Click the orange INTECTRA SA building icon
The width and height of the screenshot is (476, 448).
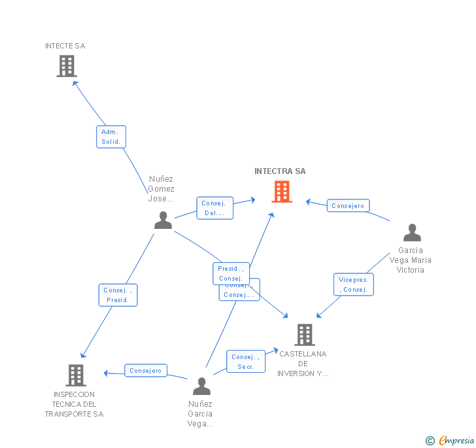click(282, 192)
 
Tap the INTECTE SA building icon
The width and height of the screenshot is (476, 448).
click(67, 66)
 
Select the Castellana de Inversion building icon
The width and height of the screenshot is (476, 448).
click(304, 335)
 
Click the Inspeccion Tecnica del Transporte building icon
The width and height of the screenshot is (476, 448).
click(76, 375)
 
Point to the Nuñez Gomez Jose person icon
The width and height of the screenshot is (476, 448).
click(163, 220)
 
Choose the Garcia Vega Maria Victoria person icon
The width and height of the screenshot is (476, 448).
click(412, 233)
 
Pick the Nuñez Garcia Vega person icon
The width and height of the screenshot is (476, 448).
click(201, 386)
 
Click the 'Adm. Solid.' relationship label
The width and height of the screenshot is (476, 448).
click(110, 137)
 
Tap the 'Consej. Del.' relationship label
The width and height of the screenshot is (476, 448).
click(214, 208)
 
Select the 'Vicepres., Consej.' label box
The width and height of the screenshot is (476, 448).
click(354, 284)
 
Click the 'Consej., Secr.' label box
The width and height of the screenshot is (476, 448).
click(246, 362)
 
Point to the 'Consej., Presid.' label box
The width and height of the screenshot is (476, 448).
click(118, 296)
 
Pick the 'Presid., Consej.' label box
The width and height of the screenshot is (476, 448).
click(230, 273)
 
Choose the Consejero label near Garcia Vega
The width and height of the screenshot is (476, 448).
click(348, 206)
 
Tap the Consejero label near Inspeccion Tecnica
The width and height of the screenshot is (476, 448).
click(145, 371)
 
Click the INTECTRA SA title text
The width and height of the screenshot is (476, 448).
click(280, 171)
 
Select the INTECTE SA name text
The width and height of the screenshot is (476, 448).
click(65, 46)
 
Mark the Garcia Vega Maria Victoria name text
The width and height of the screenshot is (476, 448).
click(411, 260)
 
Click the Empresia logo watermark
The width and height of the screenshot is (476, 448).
click(450, 440)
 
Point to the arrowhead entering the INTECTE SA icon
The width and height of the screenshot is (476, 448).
click(75, 83)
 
